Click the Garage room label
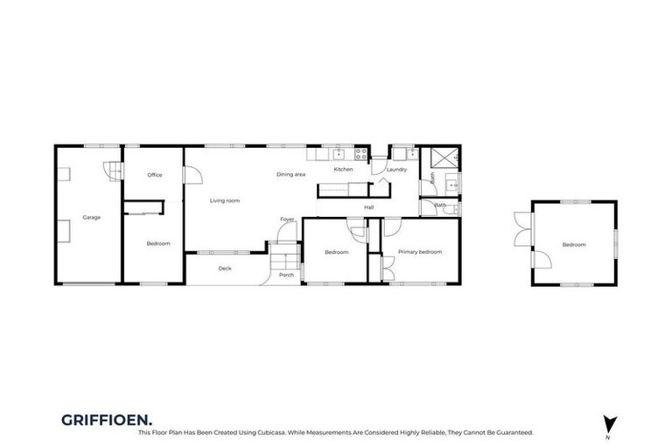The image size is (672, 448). point(91,217)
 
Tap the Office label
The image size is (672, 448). point(155,175)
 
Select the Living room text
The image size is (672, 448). point(225,201)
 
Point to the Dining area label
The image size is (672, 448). point(290,175)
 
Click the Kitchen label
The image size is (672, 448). point(343,169)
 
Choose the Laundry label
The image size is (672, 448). point(396,170)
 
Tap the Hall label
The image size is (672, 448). point(369,207)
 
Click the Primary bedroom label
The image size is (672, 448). point(420,252)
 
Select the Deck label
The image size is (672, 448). point(225,269)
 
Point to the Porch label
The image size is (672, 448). point(286,275)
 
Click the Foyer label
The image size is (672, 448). point(286,220)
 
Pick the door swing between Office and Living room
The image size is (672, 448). point(192,176)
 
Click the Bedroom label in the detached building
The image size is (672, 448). point(574,245)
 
